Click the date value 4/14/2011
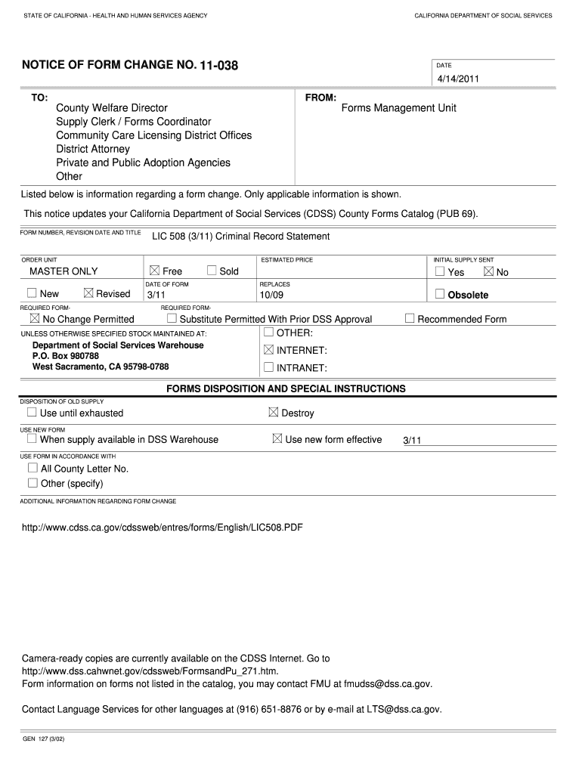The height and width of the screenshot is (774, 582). click(457, 79)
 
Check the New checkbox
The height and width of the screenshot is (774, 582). click(32, 293)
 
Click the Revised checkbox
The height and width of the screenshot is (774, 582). click(88, 293)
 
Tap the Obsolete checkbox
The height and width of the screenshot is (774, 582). click(440, 294)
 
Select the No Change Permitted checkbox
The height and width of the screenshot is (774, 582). click(34, 319)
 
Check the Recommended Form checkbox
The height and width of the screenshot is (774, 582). click(410, 319)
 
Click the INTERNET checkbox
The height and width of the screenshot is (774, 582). click(268, 350)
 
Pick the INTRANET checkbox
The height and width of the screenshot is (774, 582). click(268, 368)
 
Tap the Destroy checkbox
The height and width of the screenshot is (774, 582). click(274, 413)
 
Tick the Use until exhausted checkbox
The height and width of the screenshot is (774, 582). click(32, 413)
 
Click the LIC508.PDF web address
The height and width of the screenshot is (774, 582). click(163, 527)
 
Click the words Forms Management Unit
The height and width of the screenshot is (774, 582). click(398, 108)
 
